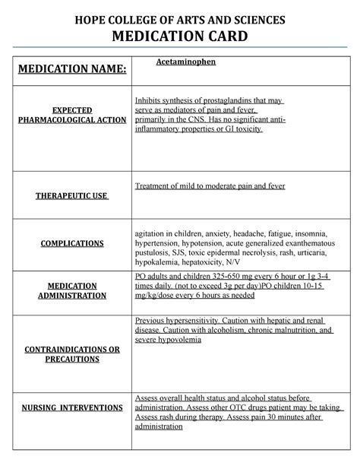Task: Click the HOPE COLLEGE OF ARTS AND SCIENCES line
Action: [x=180, y=18]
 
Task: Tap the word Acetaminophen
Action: [x=185, y=62]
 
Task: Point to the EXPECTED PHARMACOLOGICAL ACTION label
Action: [x=73, y=115]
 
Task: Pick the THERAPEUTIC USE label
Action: [x=73, y=196]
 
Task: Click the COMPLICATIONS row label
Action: [x=73, y=243]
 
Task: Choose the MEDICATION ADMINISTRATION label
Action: [x=73, y=290]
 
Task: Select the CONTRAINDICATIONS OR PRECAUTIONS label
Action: [x=73, y=353]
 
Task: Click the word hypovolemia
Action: [x=179, y=340]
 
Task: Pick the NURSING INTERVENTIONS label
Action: [x=73, y=407]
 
